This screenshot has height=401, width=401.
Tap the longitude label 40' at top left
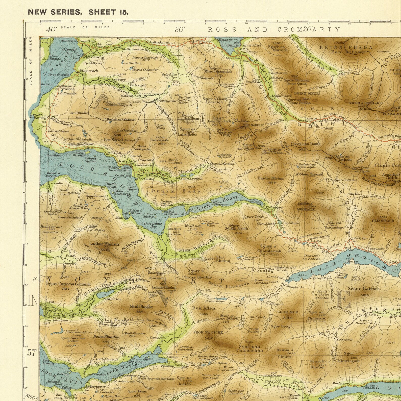tap(51, 30)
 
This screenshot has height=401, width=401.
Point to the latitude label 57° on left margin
tap(32, 353)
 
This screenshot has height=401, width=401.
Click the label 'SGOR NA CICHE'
tap(208, 332)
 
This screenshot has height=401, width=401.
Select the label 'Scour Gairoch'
tap(364, 289)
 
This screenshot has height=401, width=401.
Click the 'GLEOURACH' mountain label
tap(383, 220)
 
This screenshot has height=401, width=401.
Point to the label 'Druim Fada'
tap(176, 191)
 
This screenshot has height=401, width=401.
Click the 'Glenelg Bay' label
tap(69, 51)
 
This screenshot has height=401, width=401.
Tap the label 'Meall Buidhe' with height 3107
tap(141, 307)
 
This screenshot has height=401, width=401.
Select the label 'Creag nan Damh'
tap(306, 144)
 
